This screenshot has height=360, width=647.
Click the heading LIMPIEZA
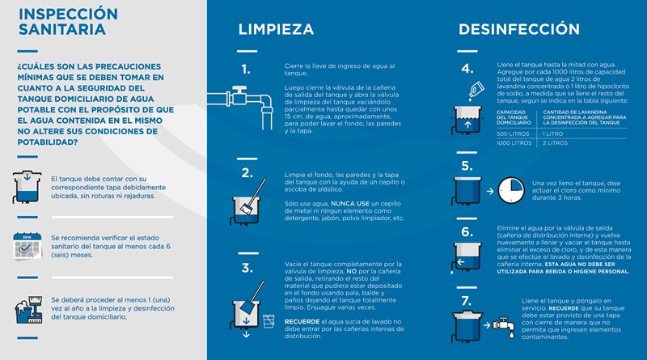click(x=276, y=30)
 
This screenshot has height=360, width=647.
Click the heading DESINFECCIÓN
click(x=519, y=30)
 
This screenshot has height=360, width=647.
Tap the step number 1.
click(x=246, y=69)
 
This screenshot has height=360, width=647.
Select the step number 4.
click(x=467, y=69)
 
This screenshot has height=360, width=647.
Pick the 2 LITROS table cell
click(x=554, y=142)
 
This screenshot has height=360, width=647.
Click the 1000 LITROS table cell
click(x=514, y=142)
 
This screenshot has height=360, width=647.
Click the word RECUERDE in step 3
click(x=303, y=321)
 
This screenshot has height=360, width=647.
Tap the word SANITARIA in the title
click(x=61, y=30)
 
